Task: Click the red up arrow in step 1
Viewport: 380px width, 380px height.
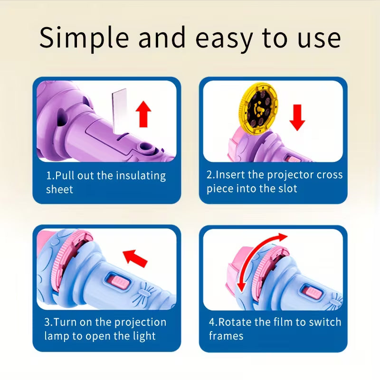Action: coord(143,114)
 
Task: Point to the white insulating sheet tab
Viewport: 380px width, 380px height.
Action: coord(118,107)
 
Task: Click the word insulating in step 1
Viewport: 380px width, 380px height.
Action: coord(141,176)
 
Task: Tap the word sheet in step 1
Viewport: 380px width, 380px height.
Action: coord(59,190)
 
